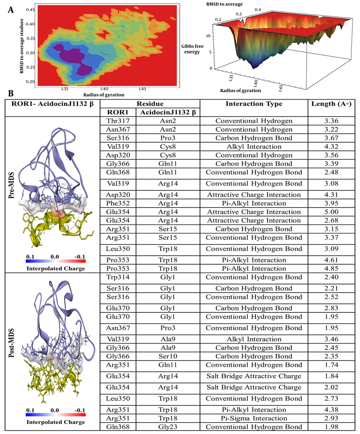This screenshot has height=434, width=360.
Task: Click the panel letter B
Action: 11,94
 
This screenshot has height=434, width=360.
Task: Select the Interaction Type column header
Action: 254,104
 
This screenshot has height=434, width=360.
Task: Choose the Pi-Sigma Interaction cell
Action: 254,419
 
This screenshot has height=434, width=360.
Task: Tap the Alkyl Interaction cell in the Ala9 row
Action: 254,339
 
